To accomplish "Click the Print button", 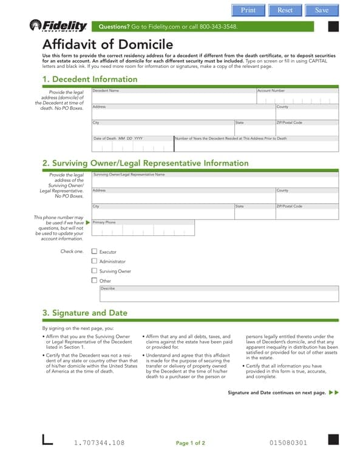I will [248, 10].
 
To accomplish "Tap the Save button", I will [322, 10].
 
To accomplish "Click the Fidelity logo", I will [58, 25].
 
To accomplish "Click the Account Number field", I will [297, 98].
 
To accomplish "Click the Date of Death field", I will [132, 146].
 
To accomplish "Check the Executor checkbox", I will [94, 251].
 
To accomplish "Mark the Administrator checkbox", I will [94, 261].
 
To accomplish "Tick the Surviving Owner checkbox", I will [94, 271].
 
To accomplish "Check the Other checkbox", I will [94, 280].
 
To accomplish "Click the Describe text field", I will [219, 295].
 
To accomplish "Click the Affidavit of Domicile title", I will [107, 45].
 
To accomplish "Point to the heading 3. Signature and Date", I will [85, 313].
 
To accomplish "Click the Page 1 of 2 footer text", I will [190, 443].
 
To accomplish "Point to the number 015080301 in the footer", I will [288, 443].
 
